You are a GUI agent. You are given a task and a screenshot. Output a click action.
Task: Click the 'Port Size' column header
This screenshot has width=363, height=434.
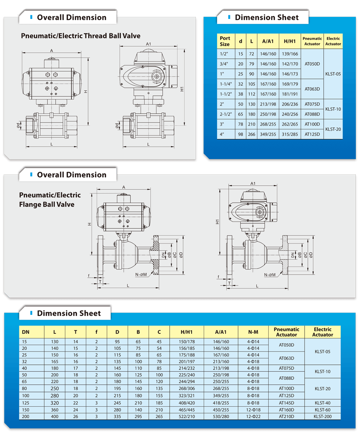click(225, 41)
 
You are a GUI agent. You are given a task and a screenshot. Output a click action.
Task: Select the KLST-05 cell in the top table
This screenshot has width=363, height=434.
click(333, 74)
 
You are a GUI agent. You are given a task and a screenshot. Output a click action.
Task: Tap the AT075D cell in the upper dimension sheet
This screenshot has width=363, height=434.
click(312, 104)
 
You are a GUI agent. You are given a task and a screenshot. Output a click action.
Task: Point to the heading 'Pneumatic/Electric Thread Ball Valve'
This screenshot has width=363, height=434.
click(81, 36)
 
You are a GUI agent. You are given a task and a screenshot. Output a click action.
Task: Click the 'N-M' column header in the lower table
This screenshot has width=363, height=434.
click(253, 332)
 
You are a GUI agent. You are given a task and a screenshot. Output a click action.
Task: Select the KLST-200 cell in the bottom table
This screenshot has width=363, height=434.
click(322, 416)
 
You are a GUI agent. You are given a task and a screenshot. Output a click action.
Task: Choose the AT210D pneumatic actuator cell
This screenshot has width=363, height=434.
click(286, 416)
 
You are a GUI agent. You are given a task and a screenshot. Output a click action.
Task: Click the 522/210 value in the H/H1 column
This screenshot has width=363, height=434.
click(187, 416)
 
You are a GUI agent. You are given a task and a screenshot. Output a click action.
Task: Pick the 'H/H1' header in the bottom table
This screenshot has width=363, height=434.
click(187, 332)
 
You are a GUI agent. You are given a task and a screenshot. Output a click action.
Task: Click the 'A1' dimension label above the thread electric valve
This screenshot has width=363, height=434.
click(148, 44)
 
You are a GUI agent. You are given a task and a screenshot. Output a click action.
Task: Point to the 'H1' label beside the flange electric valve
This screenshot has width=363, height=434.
click(218, 222)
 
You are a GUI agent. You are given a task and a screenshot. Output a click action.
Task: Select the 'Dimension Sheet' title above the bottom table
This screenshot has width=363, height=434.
click(69, 313)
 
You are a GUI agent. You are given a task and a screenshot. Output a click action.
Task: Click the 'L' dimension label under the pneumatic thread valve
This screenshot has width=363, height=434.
click(52, 144)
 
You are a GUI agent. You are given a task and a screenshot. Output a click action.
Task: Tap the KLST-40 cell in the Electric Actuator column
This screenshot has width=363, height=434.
click(322, 402)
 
